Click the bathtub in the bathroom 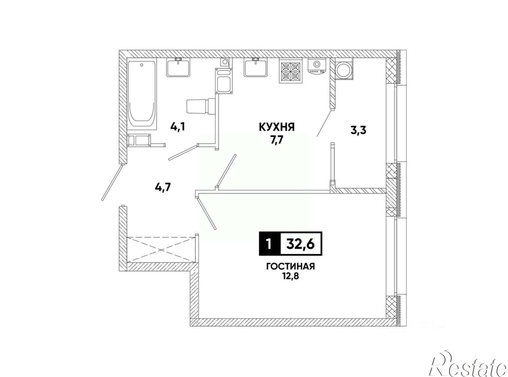(x=141, y=94)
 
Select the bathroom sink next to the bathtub (x=178, y=67)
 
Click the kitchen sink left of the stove (x=256, y=67)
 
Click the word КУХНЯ (x=277, y=127)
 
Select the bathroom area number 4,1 (x=178, y=126)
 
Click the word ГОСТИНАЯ (x=290, y=266)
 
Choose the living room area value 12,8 (x=290, y=276)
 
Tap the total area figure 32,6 (x=300, y=244)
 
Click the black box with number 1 (x=269, y=244)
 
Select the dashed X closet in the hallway (x=161, y=249)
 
